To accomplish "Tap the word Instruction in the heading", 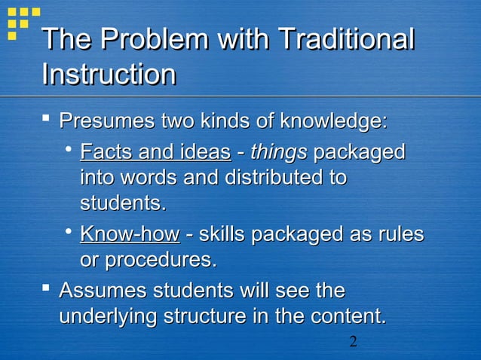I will [109, 75].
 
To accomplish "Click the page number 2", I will [352, 343].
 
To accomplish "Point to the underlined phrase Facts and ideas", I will [155, 151].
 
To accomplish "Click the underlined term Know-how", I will [130, 234].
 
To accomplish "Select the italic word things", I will [278, 151].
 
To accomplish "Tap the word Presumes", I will [105, 121].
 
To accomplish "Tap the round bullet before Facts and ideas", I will [68, 151].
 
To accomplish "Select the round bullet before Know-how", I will [68, 233].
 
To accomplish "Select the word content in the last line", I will [345, 317].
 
